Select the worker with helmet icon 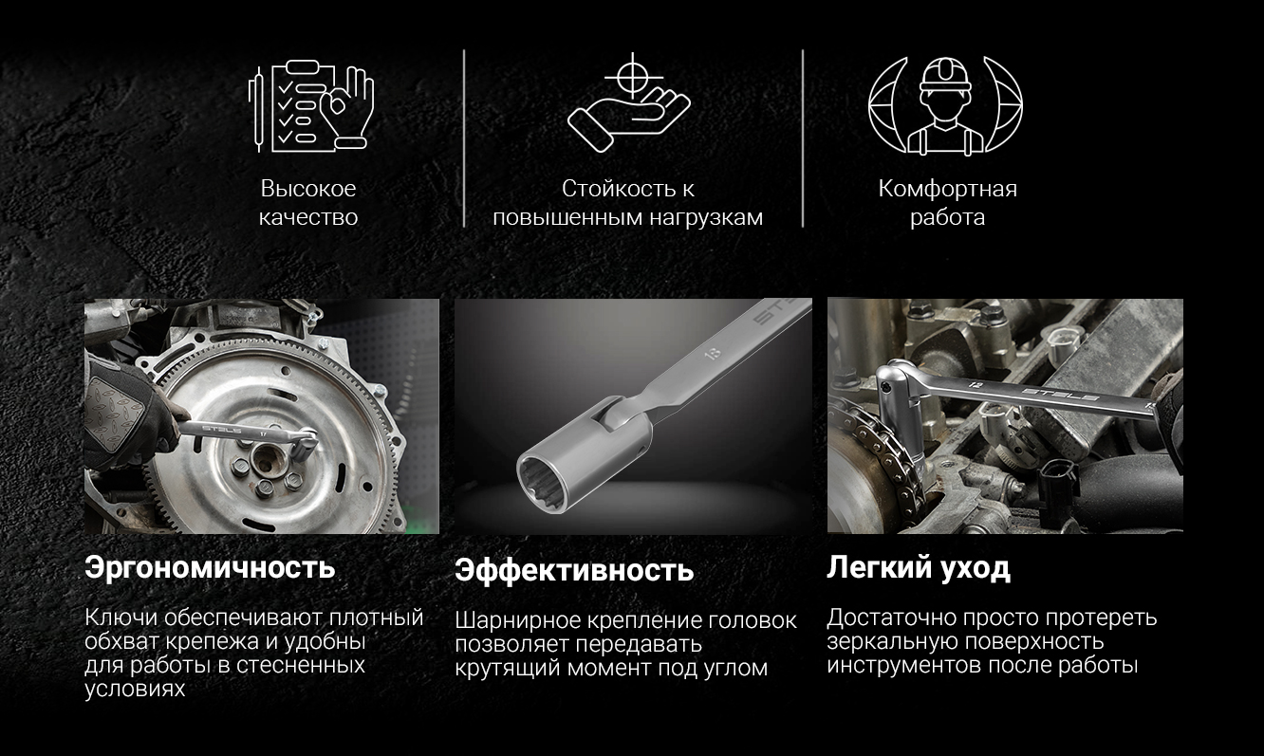tap(945, 105)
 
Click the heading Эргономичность tap(210, 567)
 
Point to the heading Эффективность tap(574, 570)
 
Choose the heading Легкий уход tap(919, 567)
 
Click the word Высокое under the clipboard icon tap(308, 189)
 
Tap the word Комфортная tap(947, 189)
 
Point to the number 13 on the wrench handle tap(713, 354)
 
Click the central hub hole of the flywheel tap(265, 460)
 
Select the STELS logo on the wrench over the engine tap(1060, 395)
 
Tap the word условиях tap(135, 689)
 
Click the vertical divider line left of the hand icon tap(464, 138)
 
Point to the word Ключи tap(121, 618)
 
